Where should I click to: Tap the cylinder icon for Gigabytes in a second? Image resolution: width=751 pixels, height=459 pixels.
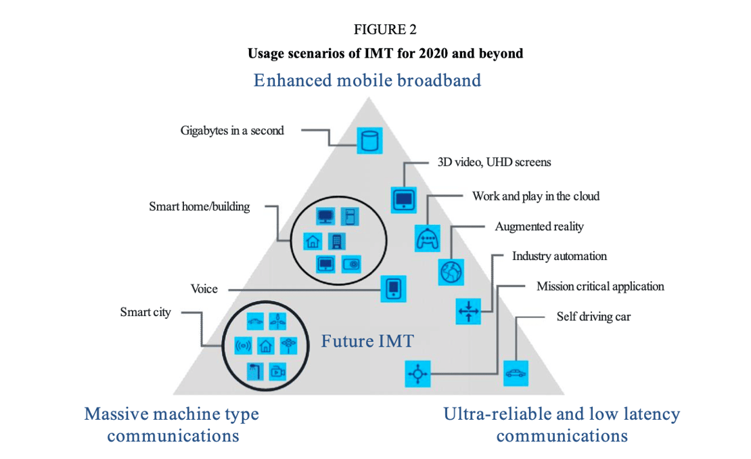coord(369,141)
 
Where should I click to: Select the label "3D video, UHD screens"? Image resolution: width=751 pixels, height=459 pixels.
coord(491,162)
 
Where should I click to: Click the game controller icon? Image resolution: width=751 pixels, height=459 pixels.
coord(427,238)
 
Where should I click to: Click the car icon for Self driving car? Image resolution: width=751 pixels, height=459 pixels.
coord(516,373)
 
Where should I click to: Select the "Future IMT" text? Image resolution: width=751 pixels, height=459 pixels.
coord(367,341)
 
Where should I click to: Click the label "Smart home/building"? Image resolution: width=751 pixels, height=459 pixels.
coord(200,206)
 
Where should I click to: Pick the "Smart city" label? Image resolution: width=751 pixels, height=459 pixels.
coord(145,312)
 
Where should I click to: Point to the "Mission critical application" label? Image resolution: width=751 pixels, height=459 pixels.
coord(600,286)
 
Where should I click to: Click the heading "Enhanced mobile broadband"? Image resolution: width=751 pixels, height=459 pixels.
coord(367,81)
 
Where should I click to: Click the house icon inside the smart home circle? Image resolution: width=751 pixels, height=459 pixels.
coord(312,240)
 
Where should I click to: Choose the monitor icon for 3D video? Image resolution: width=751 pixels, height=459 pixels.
coord(404,199)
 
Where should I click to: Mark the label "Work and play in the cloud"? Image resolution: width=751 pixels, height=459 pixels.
coord(536,196)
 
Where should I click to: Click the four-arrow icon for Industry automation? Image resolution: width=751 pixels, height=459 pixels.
coord(468,311)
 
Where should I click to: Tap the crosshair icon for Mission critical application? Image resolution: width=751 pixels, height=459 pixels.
coord(417,373)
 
